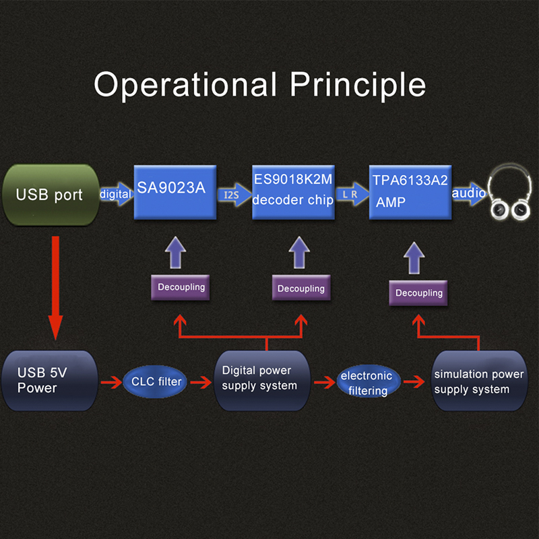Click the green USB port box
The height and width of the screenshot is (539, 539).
[x=50, y=195]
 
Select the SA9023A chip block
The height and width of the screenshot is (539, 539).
[x=175, y=191]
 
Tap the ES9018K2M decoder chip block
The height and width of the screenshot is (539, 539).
[x=293, y=191]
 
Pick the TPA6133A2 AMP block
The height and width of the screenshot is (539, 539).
[x=410, y=191]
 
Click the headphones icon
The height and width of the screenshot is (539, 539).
[x=509, y=195]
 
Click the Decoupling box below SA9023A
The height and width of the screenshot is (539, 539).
[x=181, y=287]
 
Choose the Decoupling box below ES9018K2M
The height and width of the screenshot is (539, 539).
[x=301, y=288]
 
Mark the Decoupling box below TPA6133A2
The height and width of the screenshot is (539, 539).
[x=419, y=292]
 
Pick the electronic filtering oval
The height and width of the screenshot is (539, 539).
[x=366, y=383]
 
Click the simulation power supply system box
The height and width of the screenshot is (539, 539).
[x=478, y=382]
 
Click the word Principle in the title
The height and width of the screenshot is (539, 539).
[x=358, y=85]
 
